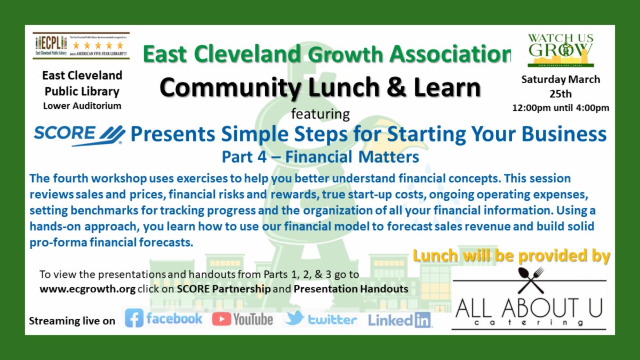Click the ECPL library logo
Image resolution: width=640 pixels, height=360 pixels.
pyautogui.click(x=81, y=46)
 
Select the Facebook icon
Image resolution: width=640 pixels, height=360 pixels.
pyautogui.click(x=134, y=319)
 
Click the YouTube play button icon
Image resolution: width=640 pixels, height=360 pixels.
pyautogui.click(x=221, y=319)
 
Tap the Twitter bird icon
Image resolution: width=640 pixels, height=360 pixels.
pyautogui.click(x=294, y=318)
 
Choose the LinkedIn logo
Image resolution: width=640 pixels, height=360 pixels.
pyautogui.click(x=399, y=320)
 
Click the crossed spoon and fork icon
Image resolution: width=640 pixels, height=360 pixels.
pyautogui.click(x=530, y=281)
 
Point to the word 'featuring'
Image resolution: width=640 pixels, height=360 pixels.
pyautogui.click(x=320, y=114)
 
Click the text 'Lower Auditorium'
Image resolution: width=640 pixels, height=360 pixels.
pyautogui.click(x=82, y=106)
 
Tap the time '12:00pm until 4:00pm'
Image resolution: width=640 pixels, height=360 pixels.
pyautogui.click(x=560, y=108)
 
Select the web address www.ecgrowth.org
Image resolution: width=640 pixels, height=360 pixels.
pyautogui.click(x=87, y=289)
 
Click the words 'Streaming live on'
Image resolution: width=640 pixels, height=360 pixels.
pyautogui.click(x=71, y=321)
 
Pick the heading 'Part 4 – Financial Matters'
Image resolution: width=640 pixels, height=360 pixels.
pyautogui.click(x=320, y=157)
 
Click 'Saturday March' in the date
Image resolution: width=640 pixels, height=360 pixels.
pyautogui.click(x=561, y=79)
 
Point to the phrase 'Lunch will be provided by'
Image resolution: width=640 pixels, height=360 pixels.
pyautogui.click(x=511, y=256)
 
